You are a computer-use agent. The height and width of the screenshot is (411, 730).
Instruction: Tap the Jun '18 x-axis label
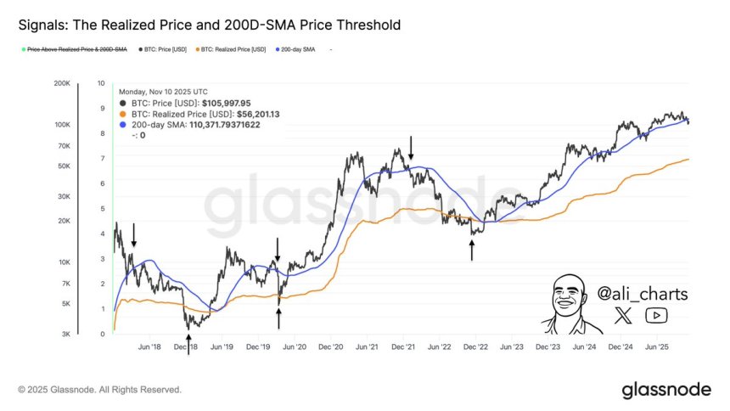[149, 346]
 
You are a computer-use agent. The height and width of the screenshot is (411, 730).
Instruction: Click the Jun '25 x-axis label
[657, 346]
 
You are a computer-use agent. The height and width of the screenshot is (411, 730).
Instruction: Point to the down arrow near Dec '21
[411, 149]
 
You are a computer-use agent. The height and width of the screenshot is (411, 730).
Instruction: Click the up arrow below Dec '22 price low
[472, 249]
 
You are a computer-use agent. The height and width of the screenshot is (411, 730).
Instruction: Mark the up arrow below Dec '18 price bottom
[188, 343]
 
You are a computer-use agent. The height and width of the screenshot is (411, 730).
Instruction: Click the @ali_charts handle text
[643, 294]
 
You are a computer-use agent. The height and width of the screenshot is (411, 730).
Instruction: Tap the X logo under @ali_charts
[623, 316]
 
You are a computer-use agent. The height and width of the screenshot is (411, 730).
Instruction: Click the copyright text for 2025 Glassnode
[99, 390]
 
